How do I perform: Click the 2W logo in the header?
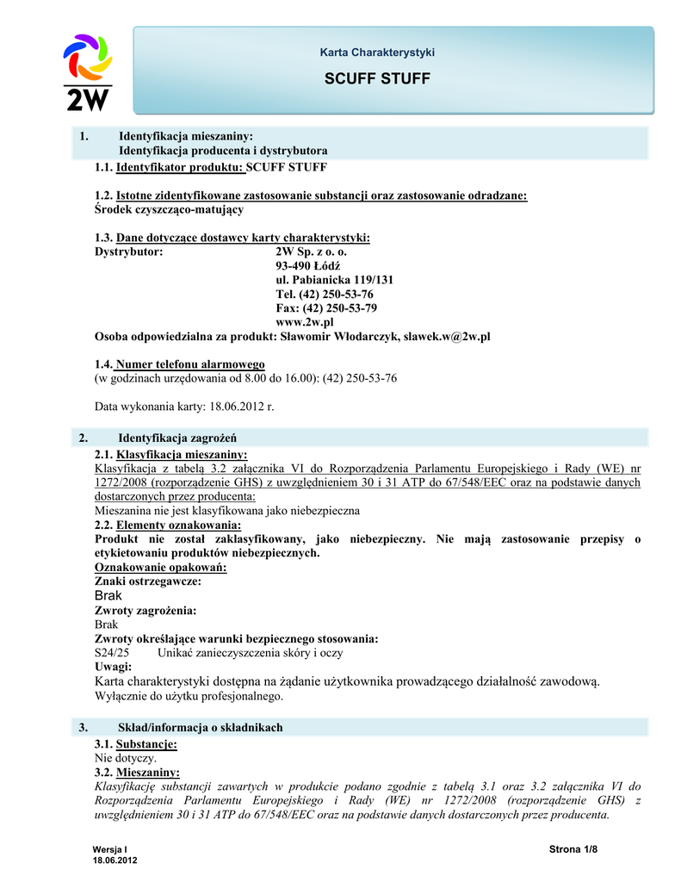coord(88,72)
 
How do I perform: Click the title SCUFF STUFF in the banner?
coord(377,80)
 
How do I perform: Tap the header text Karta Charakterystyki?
coord(377,53)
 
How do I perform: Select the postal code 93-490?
coord(296,266)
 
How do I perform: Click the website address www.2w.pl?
coord(305,321)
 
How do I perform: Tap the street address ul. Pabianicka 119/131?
coord(335,280)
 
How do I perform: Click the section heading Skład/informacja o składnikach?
coord(200,728)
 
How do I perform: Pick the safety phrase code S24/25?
coord(111,653)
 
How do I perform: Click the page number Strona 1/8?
coord(573,850)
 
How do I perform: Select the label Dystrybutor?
coord(128,252)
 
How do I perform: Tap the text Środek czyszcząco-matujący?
coord(168,209)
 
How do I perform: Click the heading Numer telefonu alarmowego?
coord(190,364)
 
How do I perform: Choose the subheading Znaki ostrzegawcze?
coord(147,581)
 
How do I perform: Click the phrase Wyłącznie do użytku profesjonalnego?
coord(189,695)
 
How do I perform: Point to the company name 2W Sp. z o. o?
coord(311,252)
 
